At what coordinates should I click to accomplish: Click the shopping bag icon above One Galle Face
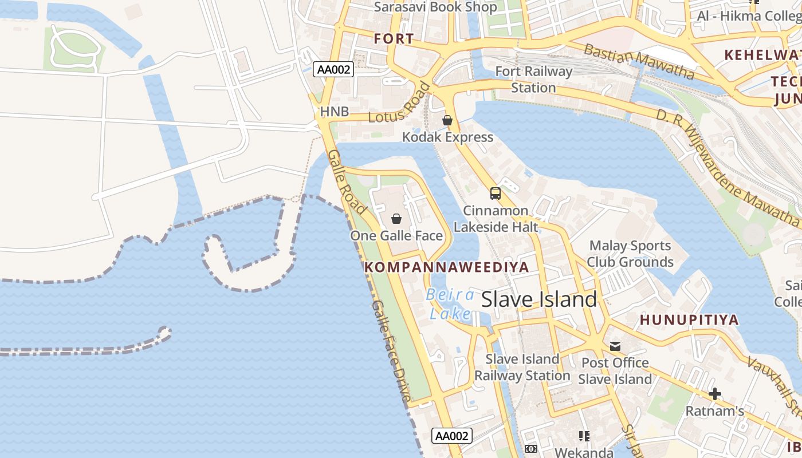tap(396, 219)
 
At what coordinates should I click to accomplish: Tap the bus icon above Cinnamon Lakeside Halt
tap(496, 194)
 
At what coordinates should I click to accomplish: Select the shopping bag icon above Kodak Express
tap(447, 120)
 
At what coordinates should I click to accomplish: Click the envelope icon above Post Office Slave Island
tap(615, 346)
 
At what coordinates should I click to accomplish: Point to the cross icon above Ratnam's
tap(715, 394)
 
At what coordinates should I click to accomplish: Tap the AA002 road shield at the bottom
tap(452, 436)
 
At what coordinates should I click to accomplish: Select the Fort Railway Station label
tap(533, 80)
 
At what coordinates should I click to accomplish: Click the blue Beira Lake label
tap(450, 304)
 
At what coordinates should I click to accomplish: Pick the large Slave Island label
tap(539, 299)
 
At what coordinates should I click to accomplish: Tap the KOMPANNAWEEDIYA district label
tap(446, 267)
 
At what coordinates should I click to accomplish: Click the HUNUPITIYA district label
tap(689, 320)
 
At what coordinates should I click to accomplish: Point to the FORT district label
tap(394, 39)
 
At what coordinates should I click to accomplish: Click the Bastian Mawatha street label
tap(639, 61)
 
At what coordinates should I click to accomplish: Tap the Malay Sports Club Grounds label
tap(630, 254)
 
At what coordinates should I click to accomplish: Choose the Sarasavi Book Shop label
tap(435, 7)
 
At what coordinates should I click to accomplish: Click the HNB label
tap(335, 112)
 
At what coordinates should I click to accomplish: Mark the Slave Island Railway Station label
tap(522, 367)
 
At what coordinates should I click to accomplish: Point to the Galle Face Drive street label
tap(391, 350)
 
